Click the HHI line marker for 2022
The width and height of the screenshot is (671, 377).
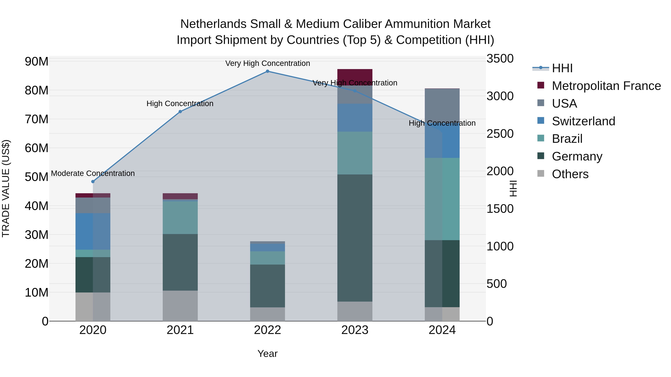267,71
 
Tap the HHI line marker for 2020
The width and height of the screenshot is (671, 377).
93,182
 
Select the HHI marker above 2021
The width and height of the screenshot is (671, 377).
180,112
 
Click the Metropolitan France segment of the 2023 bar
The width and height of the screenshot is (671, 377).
355,75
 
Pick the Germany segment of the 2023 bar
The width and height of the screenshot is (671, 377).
355,238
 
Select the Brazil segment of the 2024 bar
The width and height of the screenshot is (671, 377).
442,199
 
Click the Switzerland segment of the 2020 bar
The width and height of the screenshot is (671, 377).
93,232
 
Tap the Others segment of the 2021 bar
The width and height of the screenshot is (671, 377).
180,306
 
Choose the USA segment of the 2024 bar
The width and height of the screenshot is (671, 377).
442,104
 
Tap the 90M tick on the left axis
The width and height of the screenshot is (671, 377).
37,62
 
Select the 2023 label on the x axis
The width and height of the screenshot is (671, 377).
355,330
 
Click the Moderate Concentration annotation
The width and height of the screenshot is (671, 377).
93,173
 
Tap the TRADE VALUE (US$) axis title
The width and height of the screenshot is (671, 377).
6,188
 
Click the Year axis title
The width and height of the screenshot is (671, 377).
267,354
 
